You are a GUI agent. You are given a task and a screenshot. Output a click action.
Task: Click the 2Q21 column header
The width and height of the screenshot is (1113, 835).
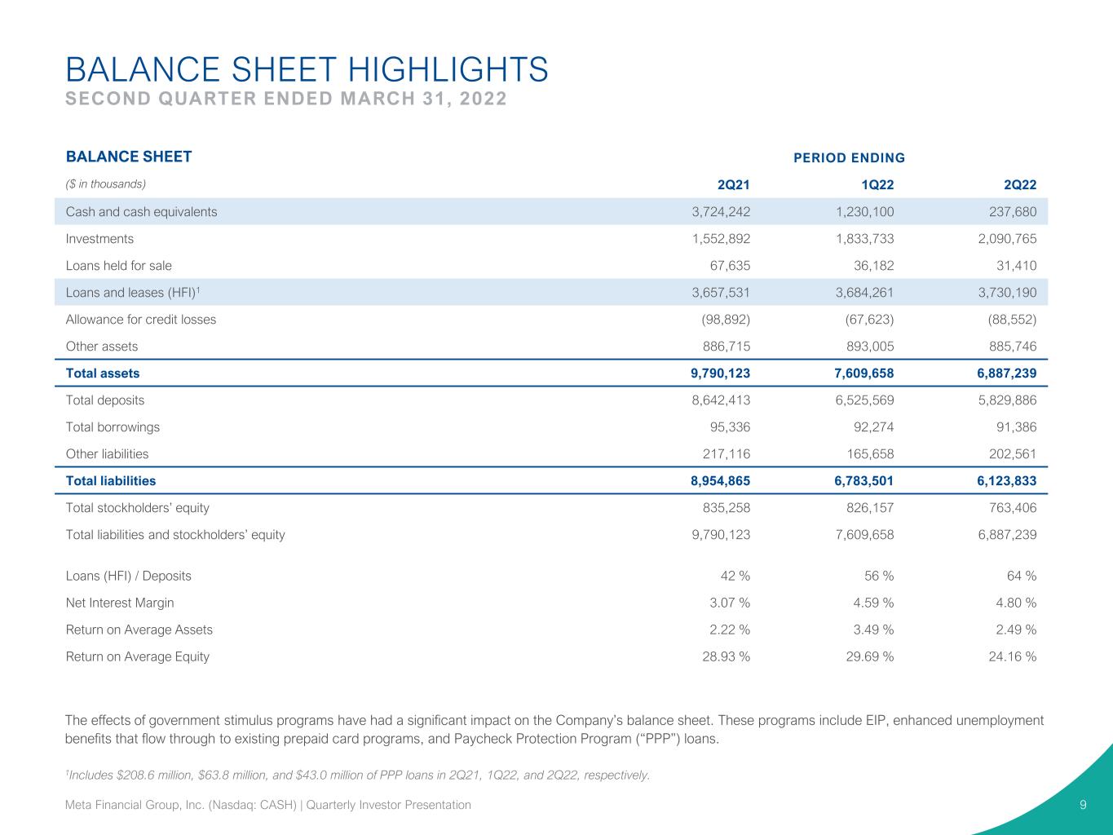(x=733, y=184)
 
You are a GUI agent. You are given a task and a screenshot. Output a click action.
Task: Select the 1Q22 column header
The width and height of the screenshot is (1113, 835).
(x=877, y=184)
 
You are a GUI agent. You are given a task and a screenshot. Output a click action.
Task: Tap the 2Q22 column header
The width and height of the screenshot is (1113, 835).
(x=1020, y=184)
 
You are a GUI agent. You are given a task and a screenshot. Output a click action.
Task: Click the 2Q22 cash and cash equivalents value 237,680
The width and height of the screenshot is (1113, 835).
(x=1013, y=211)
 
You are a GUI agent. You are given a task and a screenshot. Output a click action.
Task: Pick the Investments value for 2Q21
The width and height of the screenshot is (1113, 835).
(x=721, y=238)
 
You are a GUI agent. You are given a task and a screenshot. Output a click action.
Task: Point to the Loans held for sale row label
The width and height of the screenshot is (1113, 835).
(x=119, y=265)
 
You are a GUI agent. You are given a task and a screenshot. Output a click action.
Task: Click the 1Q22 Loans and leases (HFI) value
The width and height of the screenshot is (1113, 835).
(x=864, y=292)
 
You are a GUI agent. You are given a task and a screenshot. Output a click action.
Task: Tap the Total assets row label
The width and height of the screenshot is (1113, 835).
(x=103, y=373)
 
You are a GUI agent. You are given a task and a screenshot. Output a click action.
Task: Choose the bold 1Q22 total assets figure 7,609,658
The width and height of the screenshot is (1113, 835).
(x=864, y=373)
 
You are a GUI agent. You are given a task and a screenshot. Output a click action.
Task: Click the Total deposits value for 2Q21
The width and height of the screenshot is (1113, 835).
(x=721, y=400)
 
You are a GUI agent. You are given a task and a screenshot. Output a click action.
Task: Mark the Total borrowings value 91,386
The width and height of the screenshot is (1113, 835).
(x=1017, y=427)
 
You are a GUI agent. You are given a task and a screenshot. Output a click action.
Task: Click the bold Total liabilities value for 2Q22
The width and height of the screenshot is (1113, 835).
(x=1007, y=480)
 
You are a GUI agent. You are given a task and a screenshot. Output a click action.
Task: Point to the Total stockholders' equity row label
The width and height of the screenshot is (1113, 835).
(x=138, y=507)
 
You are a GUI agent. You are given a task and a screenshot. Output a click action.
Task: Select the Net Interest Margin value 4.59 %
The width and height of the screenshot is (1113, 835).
(x=873, y=603)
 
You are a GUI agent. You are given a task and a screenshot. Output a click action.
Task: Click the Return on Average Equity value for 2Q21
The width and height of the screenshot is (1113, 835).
(x=727, y=656)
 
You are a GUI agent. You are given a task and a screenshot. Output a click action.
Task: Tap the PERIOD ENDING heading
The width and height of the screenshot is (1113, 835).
(x=850, y=157)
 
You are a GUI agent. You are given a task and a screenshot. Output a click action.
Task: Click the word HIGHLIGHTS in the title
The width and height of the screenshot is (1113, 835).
(x=448, y=69)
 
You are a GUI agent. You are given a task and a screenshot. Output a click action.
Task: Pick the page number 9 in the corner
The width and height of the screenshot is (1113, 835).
(x=1083, y=805)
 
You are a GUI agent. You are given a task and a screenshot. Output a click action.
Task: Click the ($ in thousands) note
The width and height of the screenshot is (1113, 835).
(x=105, y=183)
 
